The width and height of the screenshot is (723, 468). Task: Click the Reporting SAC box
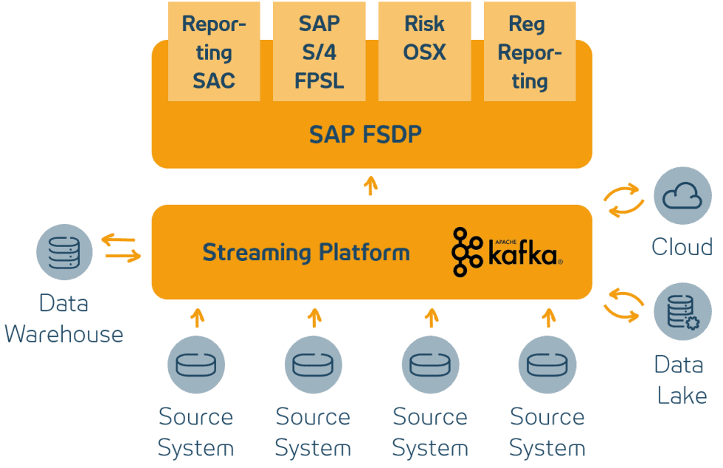213,52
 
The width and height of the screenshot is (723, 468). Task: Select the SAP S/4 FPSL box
319,52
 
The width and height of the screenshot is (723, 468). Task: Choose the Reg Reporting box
530,52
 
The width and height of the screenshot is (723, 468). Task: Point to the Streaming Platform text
305,253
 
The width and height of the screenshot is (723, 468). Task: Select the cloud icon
682,195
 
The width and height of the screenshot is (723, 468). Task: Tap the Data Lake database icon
682,312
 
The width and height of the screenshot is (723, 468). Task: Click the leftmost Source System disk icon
196,364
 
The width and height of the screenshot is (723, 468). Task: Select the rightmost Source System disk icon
547,364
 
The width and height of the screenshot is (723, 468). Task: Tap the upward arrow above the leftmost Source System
196,318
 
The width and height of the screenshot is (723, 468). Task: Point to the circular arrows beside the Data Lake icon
623,304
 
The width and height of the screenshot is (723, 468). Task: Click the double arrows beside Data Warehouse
121,248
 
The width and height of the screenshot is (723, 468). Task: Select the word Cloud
682,246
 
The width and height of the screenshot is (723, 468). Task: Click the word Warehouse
64,335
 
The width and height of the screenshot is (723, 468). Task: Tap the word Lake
682,395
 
